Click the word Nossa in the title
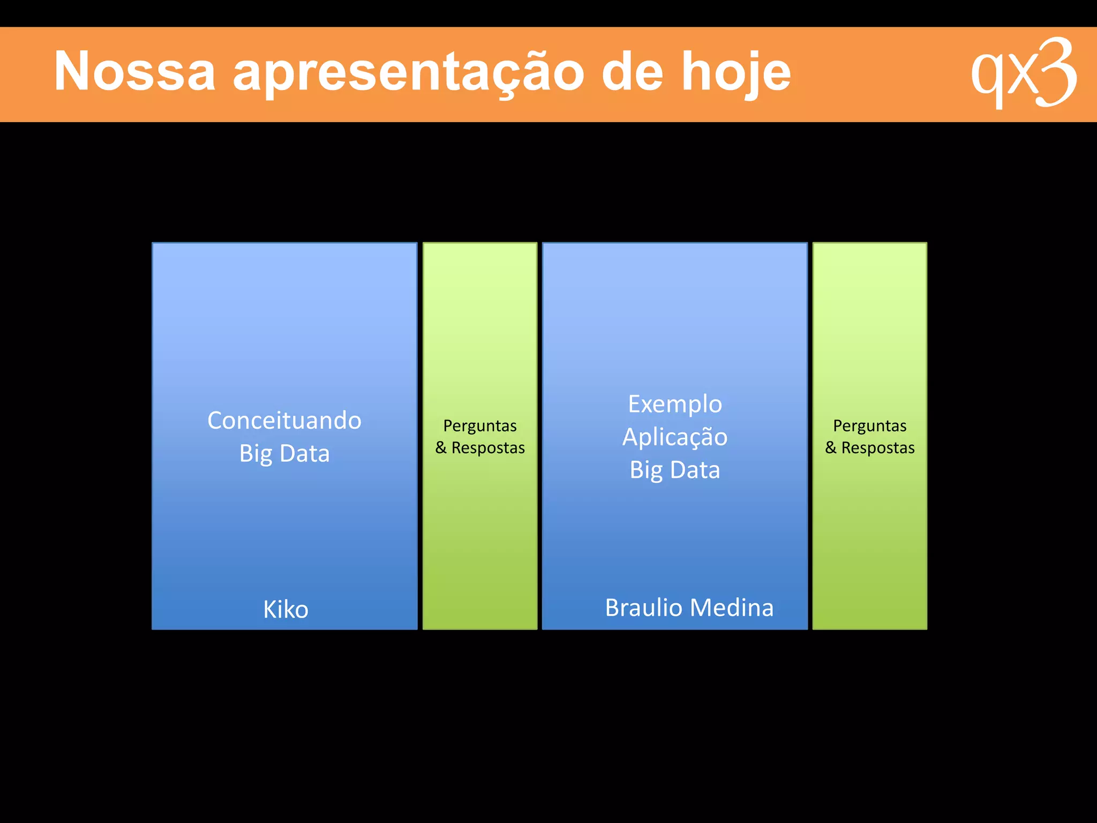pos(134,71)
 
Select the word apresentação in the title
pos(408,72)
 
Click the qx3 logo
pos(1024,73)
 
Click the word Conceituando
pos(284,421)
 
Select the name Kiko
pos(285,609)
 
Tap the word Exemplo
pos(675,404)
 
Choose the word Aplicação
pos(675,437)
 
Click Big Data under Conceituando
pos(284,454)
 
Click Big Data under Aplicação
pos(675,470)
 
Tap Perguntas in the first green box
pos(480,426)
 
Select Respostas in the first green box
pos(488,447)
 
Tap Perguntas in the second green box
pos(870,426)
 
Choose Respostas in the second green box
pos(878,447)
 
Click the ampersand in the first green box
pos(441,447)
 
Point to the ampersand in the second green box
pos(831,447)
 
